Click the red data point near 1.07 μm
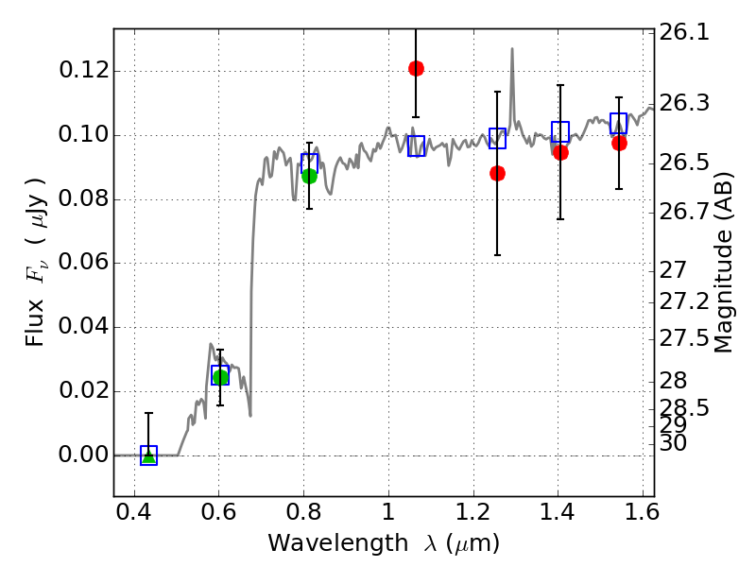click(416, 68)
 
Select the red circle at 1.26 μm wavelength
click(497, 173)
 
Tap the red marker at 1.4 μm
click(560, 152)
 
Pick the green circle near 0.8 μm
click(309, 176)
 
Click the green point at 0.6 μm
click(220, 377)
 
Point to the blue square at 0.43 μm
click(148, 455)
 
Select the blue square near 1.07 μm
click(417, 146)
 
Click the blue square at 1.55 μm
click(619, 123)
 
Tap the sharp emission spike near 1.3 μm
click(512, 50)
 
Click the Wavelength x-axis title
click(384, 544)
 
